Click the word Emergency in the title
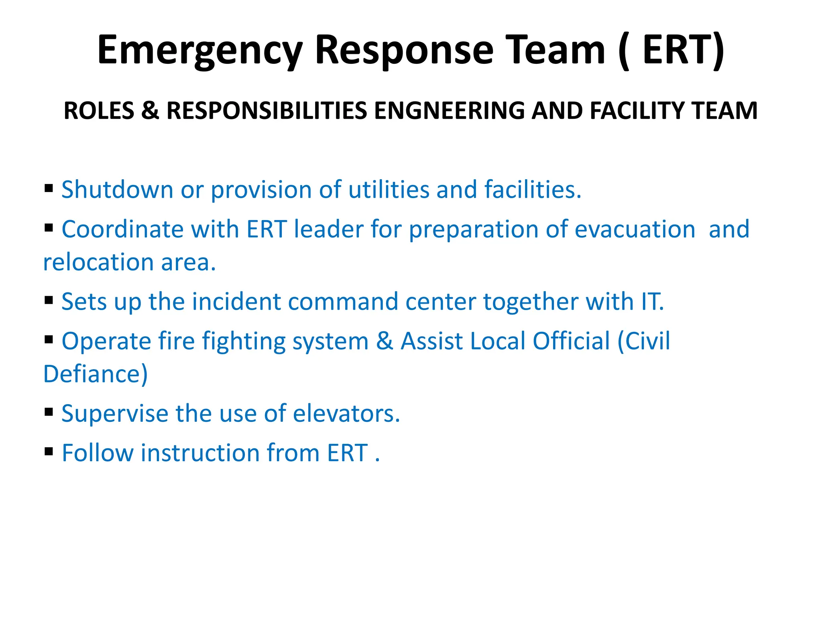(x=200, y=50)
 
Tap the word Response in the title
(x=404, y=50)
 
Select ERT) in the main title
(x=684, y=50)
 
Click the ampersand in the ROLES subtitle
(x=150, y=110)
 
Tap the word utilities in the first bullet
(x=389, y=190)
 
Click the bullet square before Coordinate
(x=49, y=228)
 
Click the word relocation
(x=98, y=262)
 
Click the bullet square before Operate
(x=49, y=340)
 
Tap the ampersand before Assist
(x=385, y=341)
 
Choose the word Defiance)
(x=96, y=374)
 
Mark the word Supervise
(x=115, y=413)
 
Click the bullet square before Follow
(x=49, y=452)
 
